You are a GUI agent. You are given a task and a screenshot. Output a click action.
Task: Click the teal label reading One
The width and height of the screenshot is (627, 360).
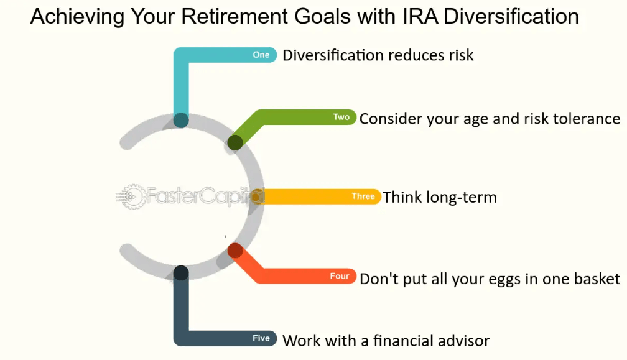261,55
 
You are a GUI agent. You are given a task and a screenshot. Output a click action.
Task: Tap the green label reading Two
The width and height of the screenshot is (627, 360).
341,117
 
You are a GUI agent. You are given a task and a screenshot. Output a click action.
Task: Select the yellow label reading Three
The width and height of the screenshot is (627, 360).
363,196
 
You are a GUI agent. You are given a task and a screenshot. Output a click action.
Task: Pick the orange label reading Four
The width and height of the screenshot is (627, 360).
340,276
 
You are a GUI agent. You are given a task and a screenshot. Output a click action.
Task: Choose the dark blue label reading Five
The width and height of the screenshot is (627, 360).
261,338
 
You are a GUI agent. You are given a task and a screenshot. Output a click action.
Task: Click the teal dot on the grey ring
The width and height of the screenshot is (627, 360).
181,120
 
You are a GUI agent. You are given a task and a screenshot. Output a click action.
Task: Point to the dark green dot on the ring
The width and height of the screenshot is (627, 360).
235,142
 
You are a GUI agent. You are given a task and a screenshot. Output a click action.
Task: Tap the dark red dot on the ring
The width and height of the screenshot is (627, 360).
235,251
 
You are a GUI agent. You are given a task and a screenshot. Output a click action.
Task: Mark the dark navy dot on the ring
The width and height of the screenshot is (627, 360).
181,272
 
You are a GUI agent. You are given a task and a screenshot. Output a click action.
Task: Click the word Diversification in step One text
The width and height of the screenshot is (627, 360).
333,55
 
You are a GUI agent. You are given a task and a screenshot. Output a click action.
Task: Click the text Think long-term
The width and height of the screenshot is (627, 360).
440,198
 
